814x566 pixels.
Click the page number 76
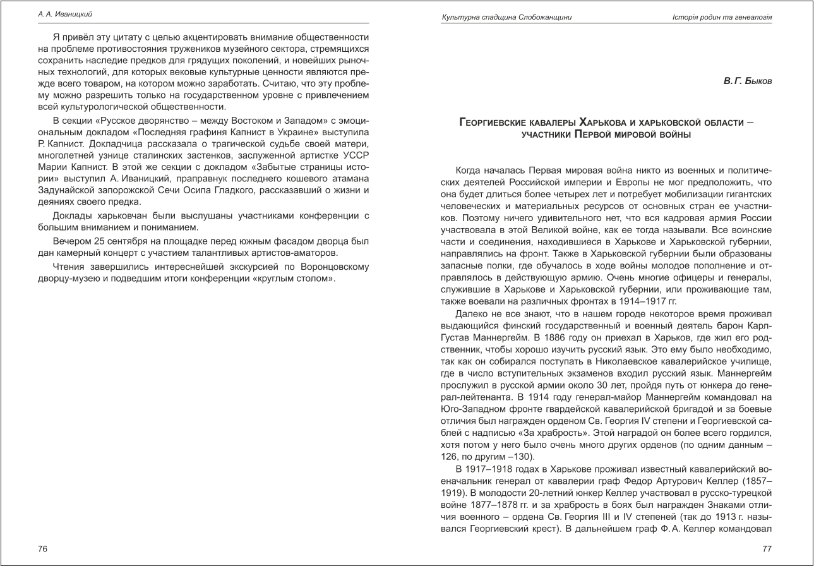[43, 548]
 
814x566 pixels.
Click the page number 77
[767, 548]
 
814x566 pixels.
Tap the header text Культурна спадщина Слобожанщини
[507, 17]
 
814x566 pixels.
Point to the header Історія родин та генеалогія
[722, 17]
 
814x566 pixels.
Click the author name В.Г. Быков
[748, 81]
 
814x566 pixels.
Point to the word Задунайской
[64, 190]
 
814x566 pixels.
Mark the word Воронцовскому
[335, 267]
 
